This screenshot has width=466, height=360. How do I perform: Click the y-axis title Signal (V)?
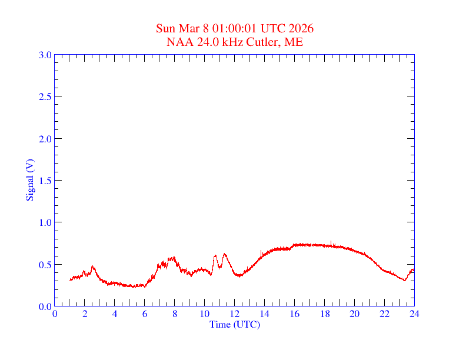pos(29,180)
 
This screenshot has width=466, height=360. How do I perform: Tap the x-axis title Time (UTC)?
pos(235,324)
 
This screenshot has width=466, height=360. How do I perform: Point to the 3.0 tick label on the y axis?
pos(45,55)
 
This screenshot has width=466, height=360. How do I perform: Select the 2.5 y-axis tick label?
pos(45,96)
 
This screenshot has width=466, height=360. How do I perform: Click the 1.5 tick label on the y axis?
pos(45,181)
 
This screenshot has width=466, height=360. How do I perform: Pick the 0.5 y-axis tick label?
pos(45,265)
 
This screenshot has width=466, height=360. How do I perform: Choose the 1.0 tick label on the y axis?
pos(45,222)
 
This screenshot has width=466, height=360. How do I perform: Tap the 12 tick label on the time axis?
pos(235,314)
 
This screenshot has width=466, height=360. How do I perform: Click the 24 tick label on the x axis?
pos(414,314)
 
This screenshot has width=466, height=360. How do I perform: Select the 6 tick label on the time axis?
pos(145,314)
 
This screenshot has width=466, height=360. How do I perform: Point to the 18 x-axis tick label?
pos(325,314)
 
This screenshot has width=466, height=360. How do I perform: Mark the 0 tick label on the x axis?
pos(55,314)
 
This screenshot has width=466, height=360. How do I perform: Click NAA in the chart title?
pos(176,42)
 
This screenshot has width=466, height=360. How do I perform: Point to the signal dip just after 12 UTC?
pos(239,276)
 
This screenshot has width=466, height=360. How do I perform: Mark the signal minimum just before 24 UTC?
pos(405,280)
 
